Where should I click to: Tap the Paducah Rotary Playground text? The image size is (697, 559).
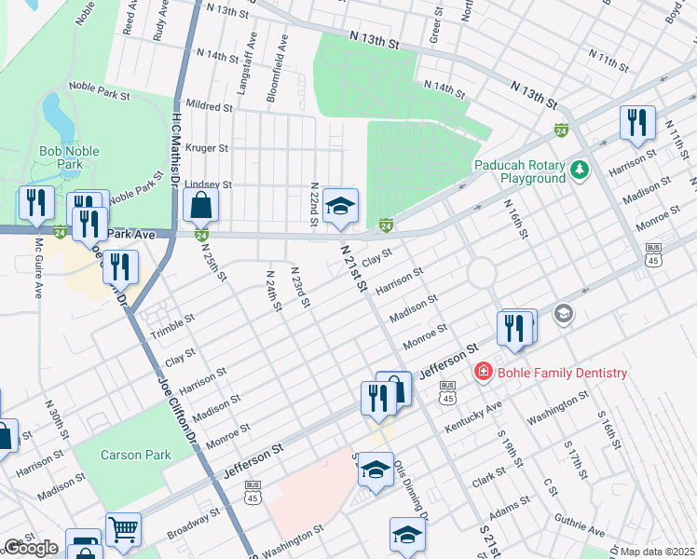pyautogui.click(x=520, y=170)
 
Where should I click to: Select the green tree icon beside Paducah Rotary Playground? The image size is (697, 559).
pyautogui.click(x=581, y=170)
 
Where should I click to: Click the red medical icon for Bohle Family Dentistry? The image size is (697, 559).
pyautogui.click(x=483, y=373)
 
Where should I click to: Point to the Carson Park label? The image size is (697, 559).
pyautogui.click(x=136, y=455)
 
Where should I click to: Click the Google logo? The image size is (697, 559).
pyautogui.click(x=31, y=548)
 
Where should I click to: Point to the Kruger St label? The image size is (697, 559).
pyautogui.click(x=208, y=148)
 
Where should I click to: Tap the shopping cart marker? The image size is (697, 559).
pyautogui.click(x=123, y=529)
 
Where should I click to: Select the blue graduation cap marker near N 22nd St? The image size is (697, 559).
pyautogui.click(x=340, y=206)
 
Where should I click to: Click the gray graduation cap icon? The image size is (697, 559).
pyautogui.click(x=563, y=314)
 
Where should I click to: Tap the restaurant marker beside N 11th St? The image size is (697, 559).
pyautogui.click(x=637, y=122)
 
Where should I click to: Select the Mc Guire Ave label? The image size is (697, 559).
pyautogui.click(x=39, y=269)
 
